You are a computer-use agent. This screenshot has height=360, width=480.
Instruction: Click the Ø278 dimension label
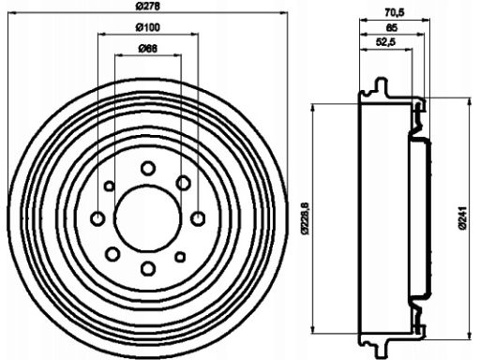pyautogui.click(x=148, y=6)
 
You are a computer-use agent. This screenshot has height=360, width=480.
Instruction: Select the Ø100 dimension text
pyautogui.click(x=147, y=27)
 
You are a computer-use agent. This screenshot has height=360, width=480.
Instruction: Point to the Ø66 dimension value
pyautogui.click(x=147, y=49)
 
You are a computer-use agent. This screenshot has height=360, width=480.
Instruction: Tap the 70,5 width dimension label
pyautogui.click(x=395, y=12)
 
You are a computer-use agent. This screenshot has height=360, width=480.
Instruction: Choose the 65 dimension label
pyautogui.click(x=392, y=28)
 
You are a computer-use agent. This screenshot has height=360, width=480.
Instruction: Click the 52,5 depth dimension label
pyautogui.click(x=385, y=41)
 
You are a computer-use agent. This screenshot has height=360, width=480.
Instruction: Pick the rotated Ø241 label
pyautogui.click(x=463, y=218)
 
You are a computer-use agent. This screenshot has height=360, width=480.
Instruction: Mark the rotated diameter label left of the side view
pyautogui.click(x=305, y=218)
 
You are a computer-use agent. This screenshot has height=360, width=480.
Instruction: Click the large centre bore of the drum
pyautogui.click(x=147, y=218)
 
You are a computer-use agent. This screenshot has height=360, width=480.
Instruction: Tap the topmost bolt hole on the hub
pyautogui.click(x=148, y=168)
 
